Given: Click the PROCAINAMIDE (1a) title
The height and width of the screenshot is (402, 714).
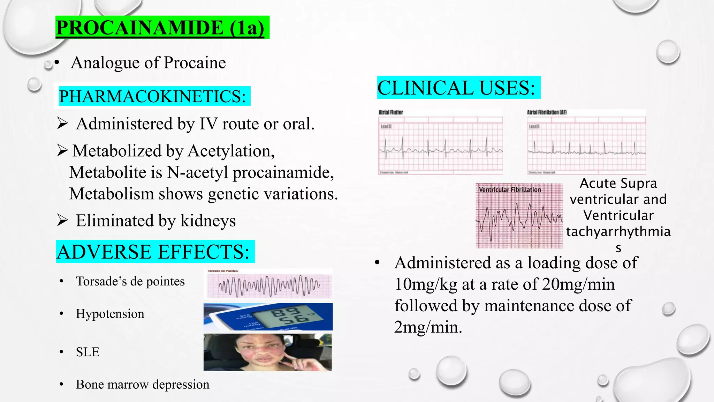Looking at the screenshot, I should pos(160,28).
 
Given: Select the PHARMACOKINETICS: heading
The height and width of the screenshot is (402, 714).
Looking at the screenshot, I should pos(152,96).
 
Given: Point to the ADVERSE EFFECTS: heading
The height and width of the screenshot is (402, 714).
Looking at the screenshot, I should pos(153,252).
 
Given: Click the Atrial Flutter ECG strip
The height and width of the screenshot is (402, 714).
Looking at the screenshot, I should pos(440,142).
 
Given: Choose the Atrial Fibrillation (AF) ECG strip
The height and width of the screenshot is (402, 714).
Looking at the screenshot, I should pos(586,142).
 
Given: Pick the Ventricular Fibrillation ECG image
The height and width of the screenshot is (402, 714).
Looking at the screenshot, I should pos(519,216).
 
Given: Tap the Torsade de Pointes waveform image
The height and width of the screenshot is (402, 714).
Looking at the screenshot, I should pos(268,284).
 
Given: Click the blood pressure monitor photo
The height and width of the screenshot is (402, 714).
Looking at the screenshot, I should pos(268,317).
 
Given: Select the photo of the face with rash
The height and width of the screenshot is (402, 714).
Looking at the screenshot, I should pos(268,352).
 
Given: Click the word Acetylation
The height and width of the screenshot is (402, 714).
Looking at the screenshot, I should pos(231,151).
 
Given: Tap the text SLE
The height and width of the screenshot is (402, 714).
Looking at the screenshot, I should pos(88,352).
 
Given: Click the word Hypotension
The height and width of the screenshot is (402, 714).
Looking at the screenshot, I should pos(110,314).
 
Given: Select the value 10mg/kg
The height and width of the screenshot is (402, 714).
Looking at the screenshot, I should pos(426,284).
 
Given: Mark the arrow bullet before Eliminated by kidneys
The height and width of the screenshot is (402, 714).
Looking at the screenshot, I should pos(62,220).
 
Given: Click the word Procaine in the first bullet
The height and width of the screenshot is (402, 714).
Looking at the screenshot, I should pos(195,63).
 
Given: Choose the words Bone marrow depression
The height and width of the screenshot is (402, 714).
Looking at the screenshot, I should pos(143,385).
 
